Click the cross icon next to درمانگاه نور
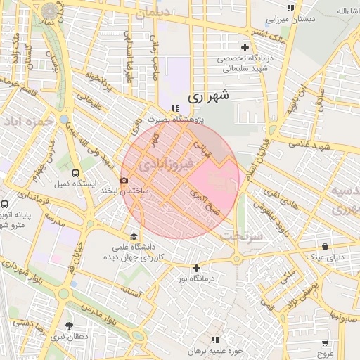tap(196, 268)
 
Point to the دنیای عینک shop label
tap(328, 257)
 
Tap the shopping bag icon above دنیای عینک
tap(325, 246)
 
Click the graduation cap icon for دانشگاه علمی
tap(134, 236)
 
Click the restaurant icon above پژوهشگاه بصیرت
tap(174, 108)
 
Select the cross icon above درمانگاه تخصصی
tap(245, 46)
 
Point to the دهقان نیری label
tap(69, 336)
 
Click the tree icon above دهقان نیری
tap(69, 326)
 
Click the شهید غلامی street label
tap(314, 145)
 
